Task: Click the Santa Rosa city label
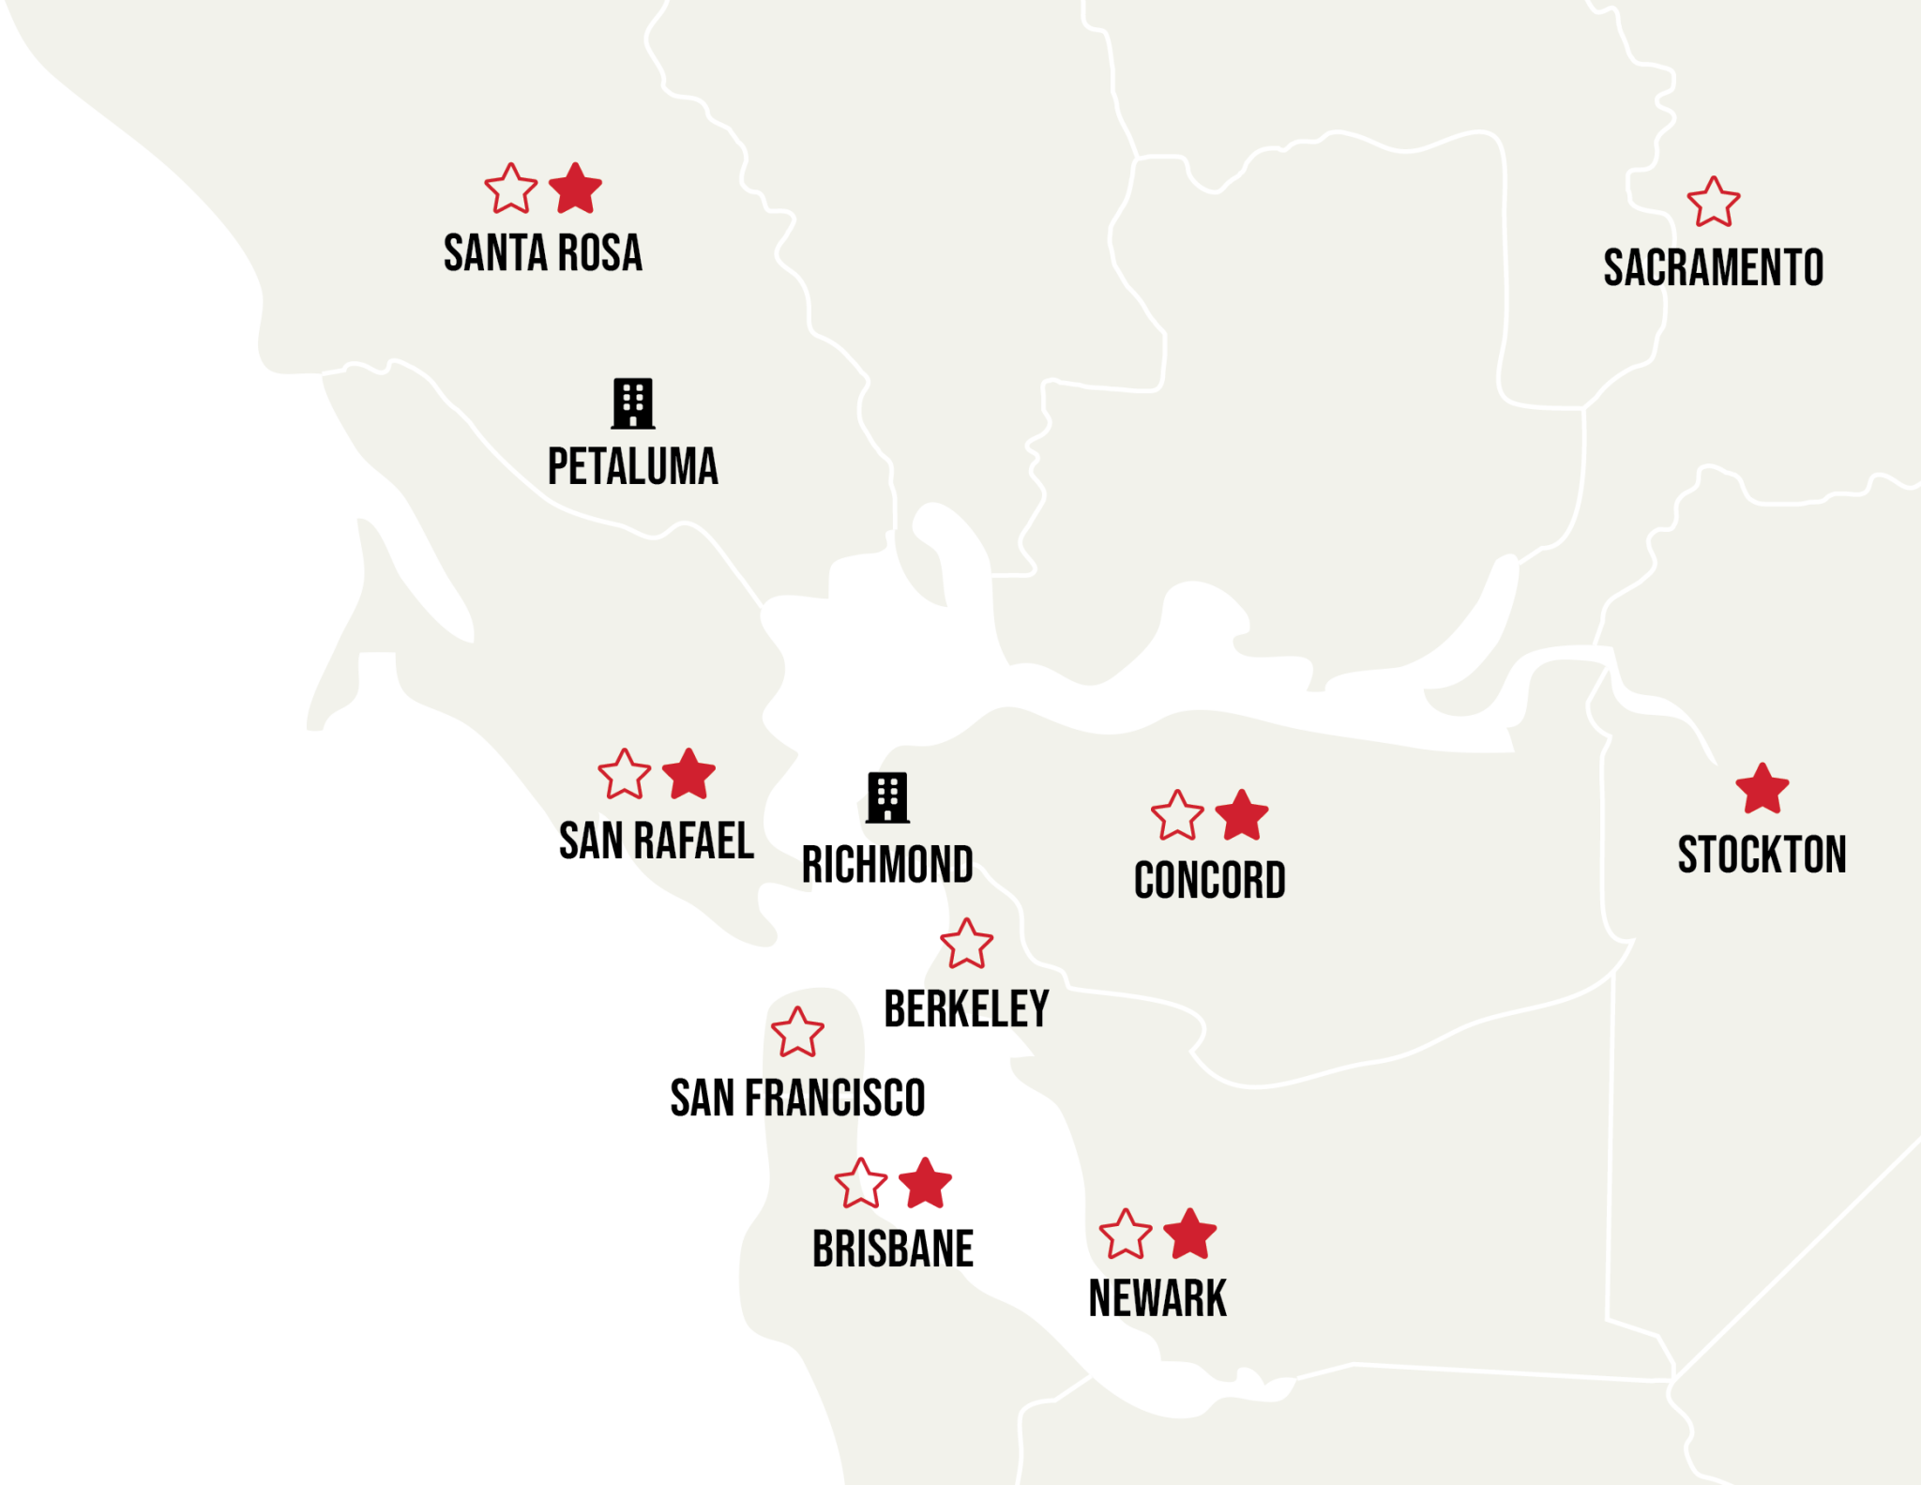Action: [x=542, y=253]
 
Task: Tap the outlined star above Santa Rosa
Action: [x=510, y=189]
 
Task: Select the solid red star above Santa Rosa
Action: [x=575, y=189]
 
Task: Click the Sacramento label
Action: [x=1713, y=267]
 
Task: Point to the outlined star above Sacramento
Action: [x=1713, y=204]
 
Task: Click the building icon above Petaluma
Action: [x=632, y=403]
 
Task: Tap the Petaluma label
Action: [x=632, y=466]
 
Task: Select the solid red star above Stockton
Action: [x=1762, y=789]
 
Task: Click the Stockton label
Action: [x=1762, y=855]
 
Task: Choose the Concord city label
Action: [x=1209, y=880]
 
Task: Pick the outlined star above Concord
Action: [x=1177, y=816]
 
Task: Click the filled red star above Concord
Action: [x=1242, y=815]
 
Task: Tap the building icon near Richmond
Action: [x=887, y=797]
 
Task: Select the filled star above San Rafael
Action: [x=688, y=775]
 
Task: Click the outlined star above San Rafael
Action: [x=624, y=776]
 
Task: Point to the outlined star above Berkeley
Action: [x=966, y=945]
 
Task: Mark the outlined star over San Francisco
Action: [x=797, y=1033]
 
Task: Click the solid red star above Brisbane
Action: [x=925, y=1184]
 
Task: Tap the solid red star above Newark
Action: [x=1189, y=1235]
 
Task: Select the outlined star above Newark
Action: [x=1125, y=1235]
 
